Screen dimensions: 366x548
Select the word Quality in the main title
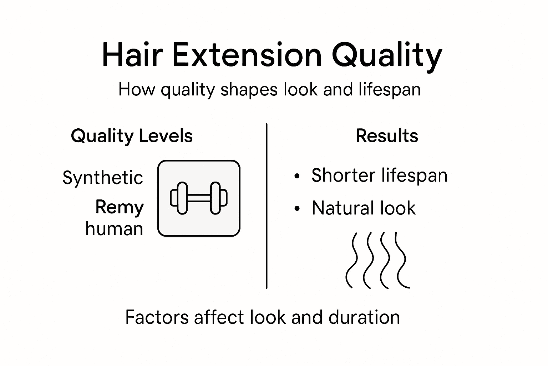click(387, 56)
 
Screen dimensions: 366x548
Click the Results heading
click(387, 136)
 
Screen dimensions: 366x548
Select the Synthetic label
click(103, 178)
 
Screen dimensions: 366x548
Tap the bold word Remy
click(120, 207)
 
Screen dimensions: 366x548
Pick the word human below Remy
click(114, 229)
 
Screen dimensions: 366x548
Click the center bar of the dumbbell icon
click(199, 198)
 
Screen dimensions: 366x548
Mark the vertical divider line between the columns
click(267, 206)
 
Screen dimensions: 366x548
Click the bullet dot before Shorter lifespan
click(297, 176)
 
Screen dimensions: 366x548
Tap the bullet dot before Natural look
click(297, 209)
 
